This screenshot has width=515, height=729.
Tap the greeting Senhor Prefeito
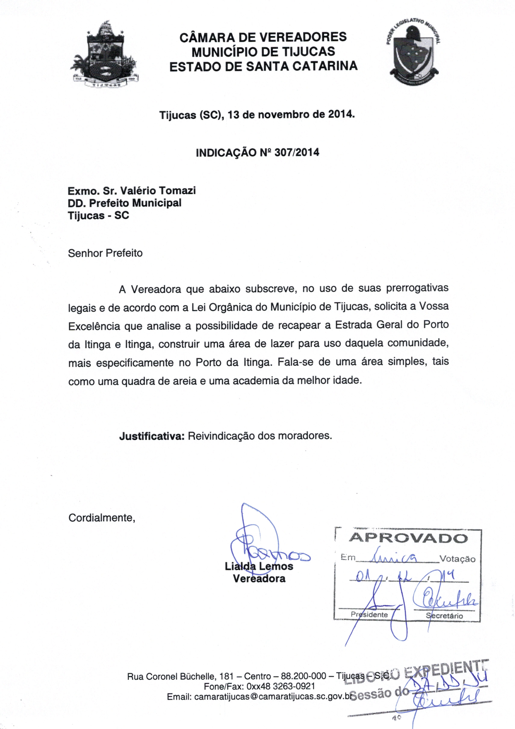pos(105,253)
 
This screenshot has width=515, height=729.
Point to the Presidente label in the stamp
pos(369,615)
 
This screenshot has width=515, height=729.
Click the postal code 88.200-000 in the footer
pos(304,676)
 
